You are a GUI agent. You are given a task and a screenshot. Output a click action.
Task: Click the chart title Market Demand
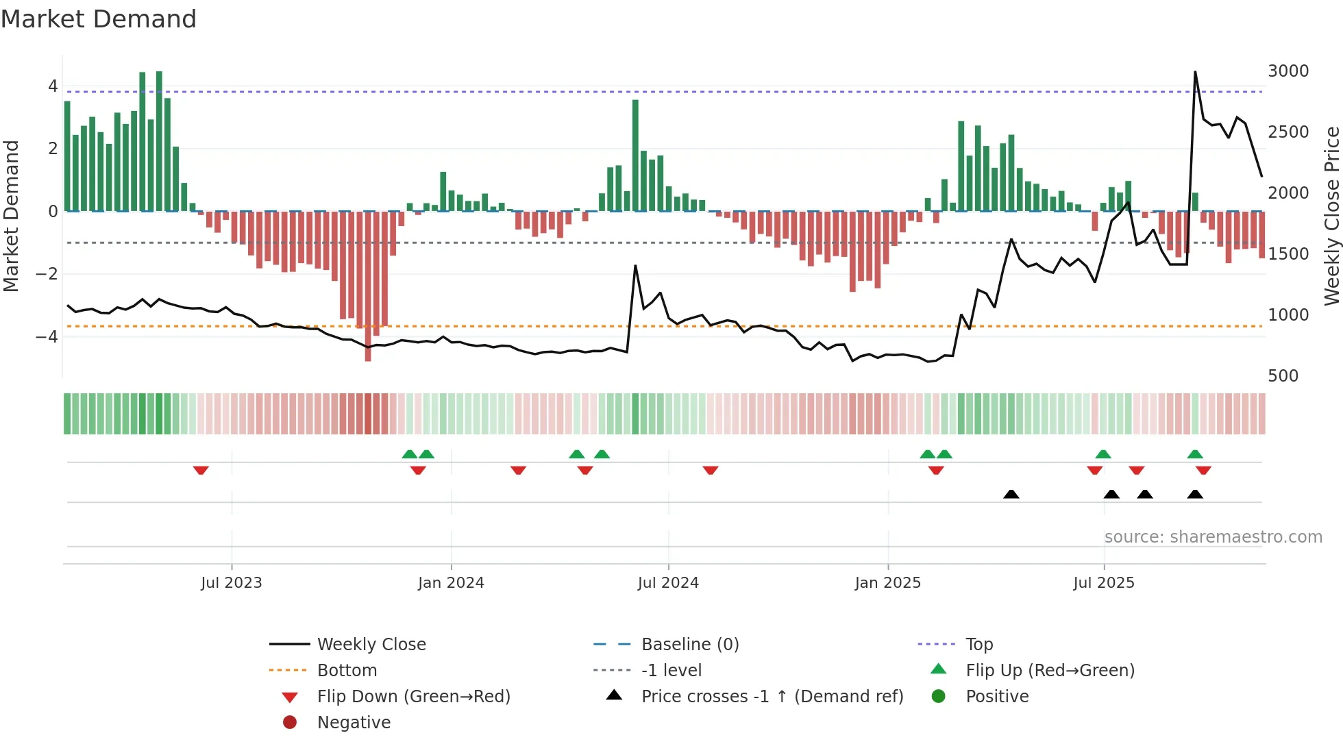point(99,19)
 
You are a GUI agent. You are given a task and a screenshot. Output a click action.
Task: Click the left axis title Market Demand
point(11,216)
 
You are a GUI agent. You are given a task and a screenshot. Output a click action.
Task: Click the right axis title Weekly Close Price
point(1331,216)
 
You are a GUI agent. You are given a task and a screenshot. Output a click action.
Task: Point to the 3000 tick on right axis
point(1287,71)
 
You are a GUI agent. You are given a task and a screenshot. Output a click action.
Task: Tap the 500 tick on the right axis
point(1283,376)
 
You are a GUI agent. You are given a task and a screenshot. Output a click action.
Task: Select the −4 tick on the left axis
point(47,337)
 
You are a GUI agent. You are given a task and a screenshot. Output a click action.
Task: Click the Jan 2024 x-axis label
point(451,583)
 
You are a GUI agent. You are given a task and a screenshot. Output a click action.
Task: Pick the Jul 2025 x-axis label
point(1103,583)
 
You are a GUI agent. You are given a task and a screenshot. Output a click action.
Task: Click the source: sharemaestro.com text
point(1213,537)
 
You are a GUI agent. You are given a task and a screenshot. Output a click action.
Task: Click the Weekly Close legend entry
point(371,645)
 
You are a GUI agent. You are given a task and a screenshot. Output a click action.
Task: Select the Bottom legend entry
point(347,671)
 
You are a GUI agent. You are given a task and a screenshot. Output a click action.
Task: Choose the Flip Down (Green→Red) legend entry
point(413,697)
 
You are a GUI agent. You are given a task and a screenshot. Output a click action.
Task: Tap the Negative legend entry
point(354,723)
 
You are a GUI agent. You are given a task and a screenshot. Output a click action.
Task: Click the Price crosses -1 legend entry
point(772,697)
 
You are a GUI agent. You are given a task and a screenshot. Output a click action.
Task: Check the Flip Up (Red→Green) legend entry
point(1050,671)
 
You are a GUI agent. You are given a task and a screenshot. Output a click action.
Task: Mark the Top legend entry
point(979,645)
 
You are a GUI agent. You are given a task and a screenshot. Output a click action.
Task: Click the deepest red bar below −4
point(368,343)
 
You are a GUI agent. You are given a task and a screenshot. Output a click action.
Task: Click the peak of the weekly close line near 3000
point(1195,72)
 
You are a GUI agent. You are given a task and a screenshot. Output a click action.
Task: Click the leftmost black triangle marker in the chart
point(1011,494)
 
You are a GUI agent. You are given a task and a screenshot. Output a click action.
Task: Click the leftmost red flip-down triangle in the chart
point(201,470)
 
